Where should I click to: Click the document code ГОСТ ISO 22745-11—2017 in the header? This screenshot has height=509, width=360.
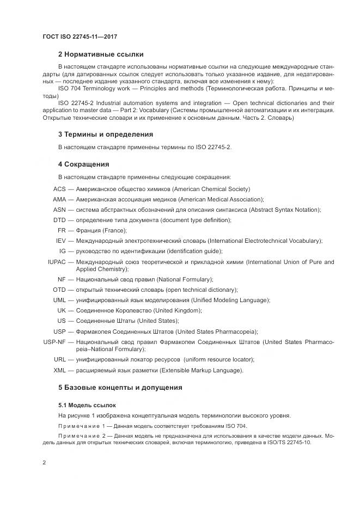click(80, 37)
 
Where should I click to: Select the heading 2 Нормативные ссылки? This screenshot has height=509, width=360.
click(101, 54)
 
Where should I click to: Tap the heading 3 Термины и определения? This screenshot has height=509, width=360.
click(105, 134)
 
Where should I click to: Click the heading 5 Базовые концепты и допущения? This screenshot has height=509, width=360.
click(120, 388)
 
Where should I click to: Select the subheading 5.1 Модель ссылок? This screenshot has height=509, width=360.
click(87, 406)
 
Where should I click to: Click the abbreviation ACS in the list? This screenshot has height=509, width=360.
click(59, 189)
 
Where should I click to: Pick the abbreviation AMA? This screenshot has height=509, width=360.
click(59, 199)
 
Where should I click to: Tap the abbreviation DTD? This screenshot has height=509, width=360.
click(59, 220)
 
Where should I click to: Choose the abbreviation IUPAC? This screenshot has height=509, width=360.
click(57, 262)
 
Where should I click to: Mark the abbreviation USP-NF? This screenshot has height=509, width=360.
click(54, 342)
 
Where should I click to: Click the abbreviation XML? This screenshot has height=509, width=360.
click(59, 370)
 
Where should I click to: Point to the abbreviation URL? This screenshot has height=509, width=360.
click(60, 359)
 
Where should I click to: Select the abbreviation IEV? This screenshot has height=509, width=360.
click(61, 241)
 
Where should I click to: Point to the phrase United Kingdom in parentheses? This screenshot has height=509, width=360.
click(178, 310)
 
